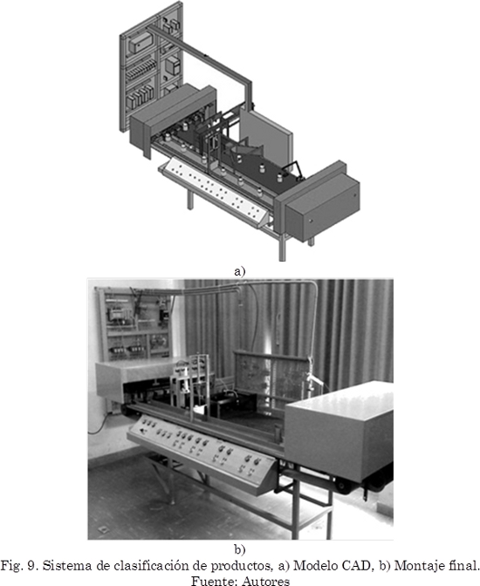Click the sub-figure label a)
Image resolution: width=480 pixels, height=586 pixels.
239,271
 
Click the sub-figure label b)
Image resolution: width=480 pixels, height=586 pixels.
240,549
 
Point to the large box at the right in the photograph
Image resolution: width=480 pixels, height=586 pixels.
339,433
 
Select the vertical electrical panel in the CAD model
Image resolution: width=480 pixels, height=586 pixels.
151,67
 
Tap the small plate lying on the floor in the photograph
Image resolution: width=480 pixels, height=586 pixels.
102,530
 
